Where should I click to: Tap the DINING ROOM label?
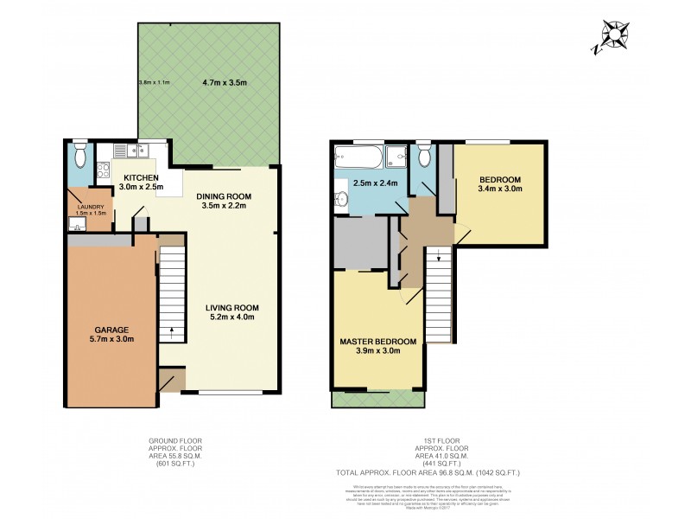(220, 195)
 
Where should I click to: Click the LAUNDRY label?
(90, 207)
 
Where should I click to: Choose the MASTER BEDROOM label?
(377, 342)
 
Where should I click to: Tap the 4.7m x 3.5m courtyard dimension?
(224, 83)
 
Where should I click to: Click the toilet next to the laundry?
(79, 157)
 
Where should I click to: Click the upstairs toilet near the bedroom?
(422, 156)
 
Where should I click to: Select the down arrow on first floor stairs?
(438, 255)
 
